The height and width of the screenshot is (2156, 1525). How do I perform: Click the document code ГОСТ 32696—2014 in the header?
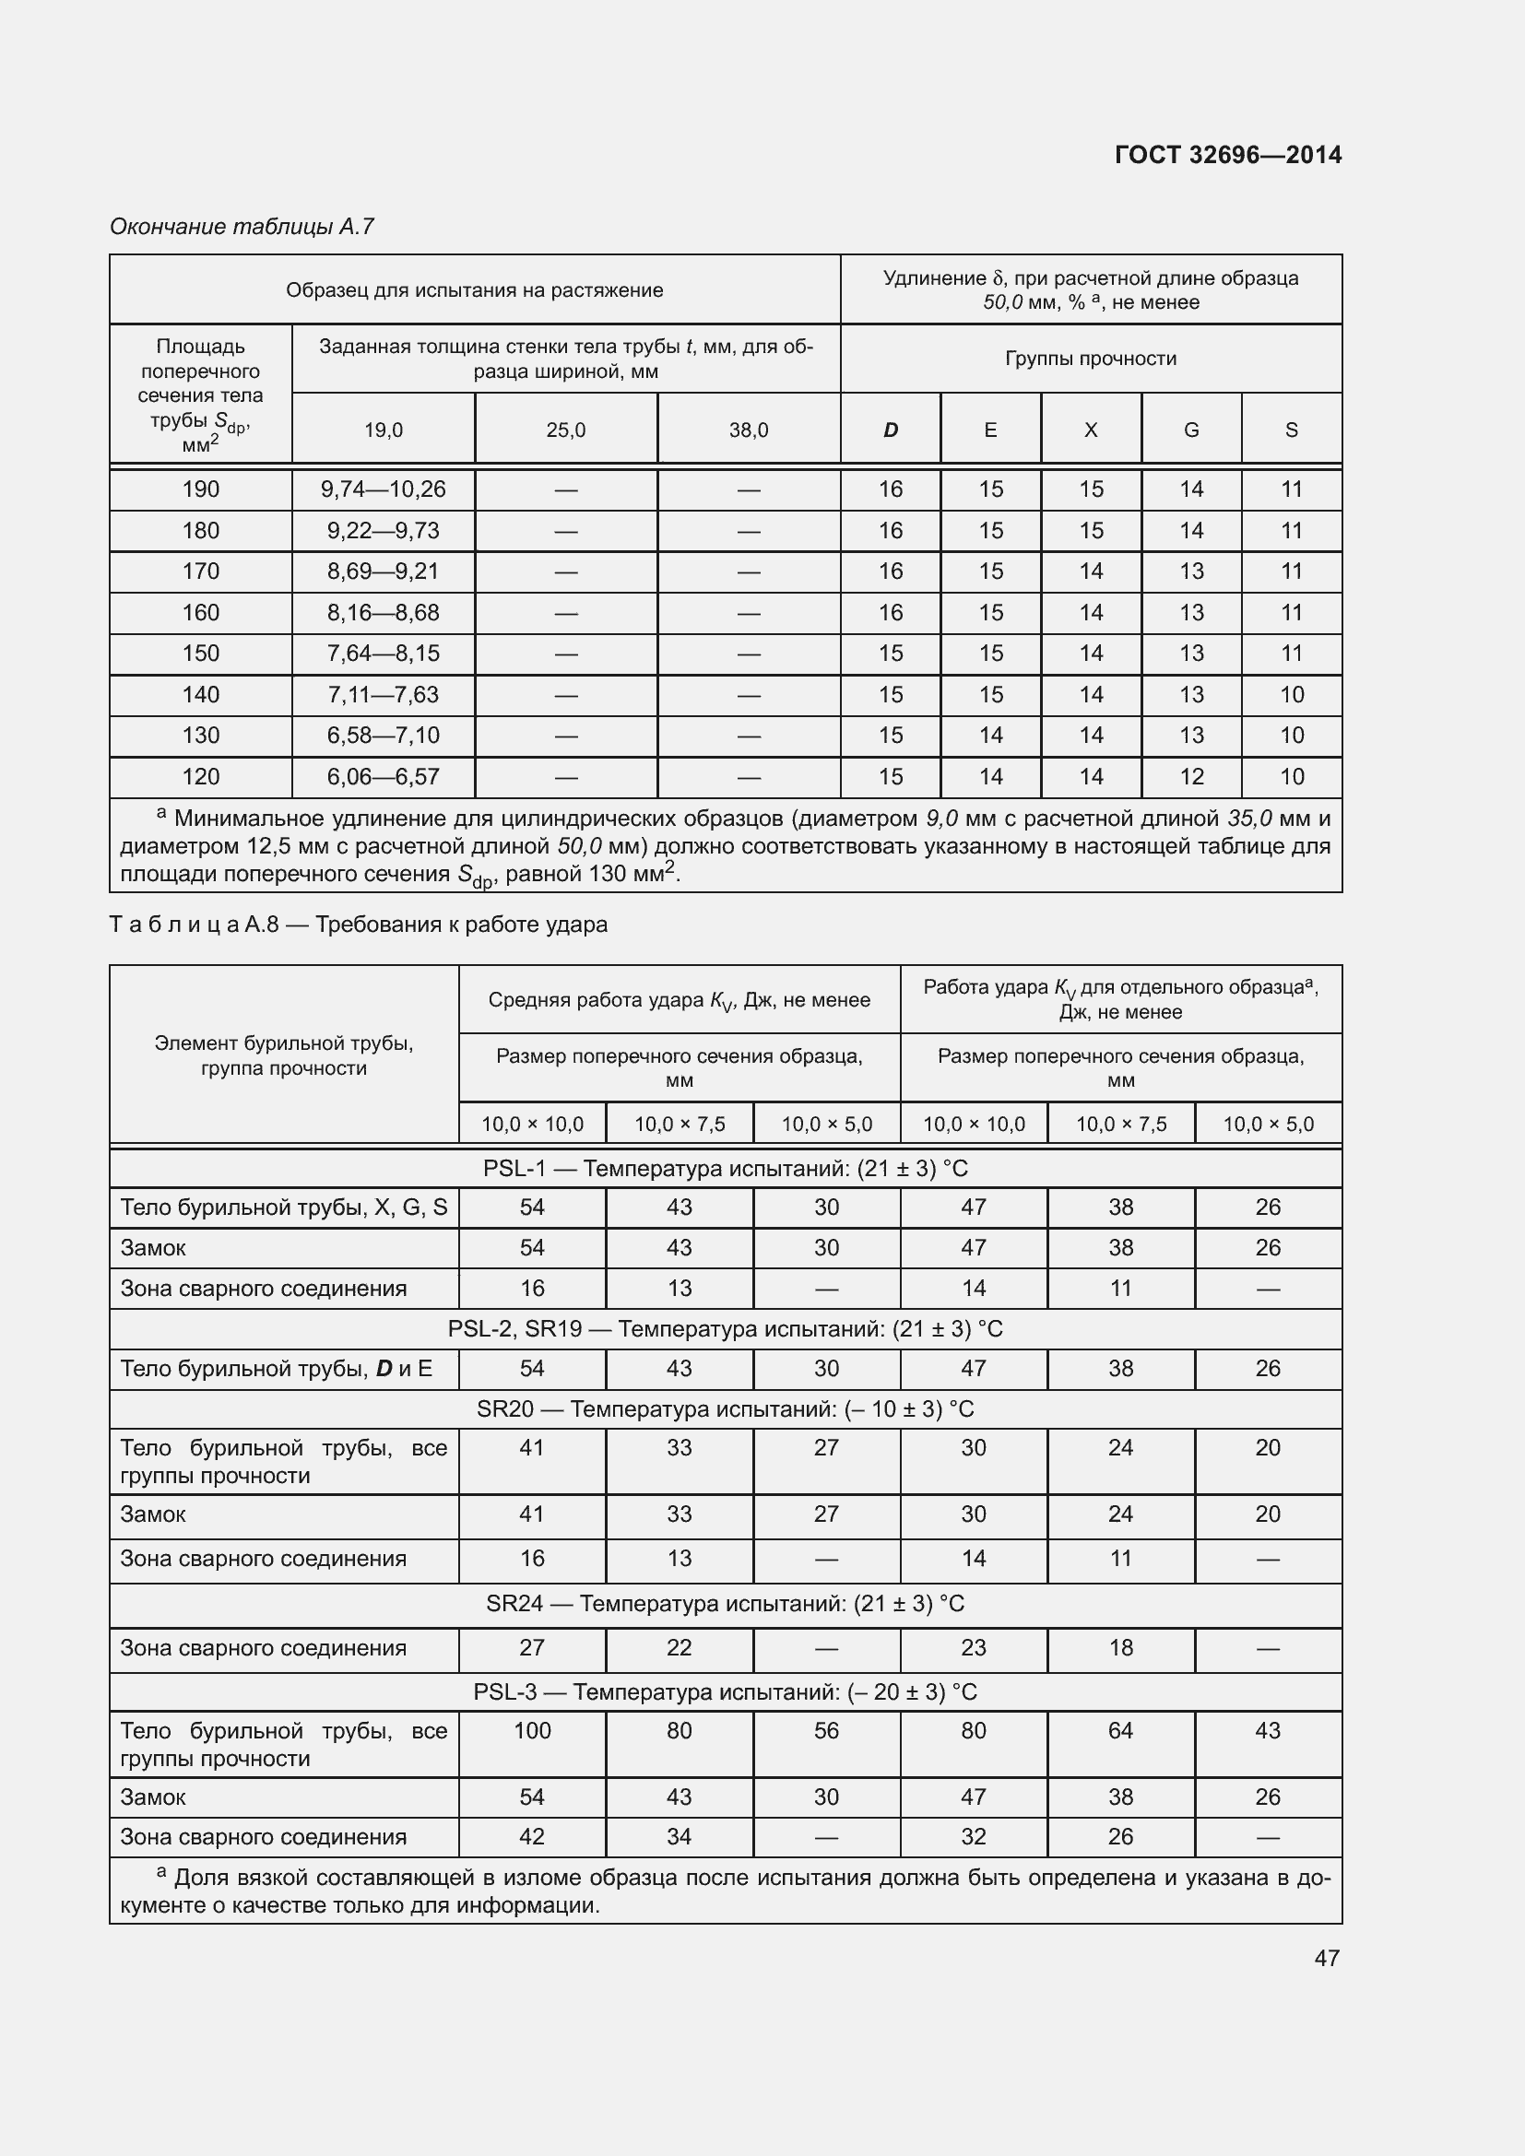[x=1227, y=155]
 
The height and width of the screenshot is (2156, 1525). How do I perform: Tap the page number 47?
[x=1326, y=1958]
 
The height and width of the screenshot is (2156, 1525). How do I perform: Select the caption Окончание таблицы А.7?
[x=242, y=227]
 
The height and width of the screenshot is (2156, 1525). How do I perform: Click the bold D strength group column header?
[x=891, y=430]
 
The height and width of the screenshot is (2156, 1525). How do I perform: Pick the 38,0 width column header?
[x=749, y=430]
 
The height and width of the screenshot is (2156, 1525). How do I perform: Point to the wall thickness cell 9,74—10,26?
[x=384, y=489]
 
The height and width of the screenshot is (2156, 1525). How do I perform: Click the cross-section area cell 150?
[x=200, y=654]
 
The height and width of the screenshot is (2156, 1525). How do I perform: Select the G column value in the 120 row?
[x=1190, y=776]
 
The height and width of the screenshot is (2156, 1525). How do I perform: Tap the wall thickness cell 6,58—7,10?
[x=384, y=736]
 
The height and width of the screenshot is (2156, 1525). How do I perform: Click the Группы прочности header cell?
[x=1090, y=359]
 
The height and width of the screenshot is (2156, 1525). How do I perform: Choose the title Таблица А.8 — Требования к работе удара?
[x=359, y=925]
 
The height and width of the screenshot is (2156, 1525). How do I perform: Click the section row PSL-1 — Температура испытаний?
[x=725, y=1168]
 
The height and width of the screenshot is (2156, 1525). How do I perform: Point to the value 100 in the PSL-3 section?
[x=531, y=1731]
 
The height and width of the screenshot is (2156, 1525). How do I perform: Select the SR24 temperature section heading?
[x=725, y=1603]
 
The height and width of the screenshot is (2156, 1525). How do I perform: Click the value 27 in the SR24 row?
[x=531, y=1647]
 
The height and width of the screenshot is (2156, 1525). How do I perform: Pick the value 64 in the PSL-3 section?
[x=1120, y=1731]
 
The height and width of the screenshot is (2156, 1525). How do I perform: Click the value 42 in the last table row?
[x=531, y=1837]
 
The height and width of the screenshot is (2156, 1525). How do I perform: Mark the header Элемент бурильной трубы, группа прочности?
[x=284, y=1055]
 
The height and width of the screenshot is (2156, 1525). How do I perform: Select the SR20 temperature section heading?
[x=725, y=1409]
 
